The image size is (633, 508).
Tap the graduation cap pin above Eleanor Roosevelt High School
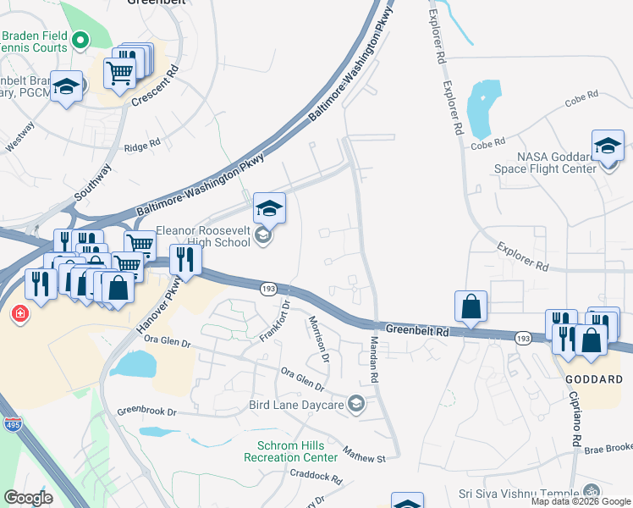point(269,208)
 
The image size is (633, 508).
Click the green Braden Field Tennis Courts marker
point(80,39)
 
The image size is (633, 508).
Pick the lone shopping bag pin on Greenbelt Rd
point(471,306)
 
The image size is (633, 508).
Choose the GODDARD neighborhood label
point(597,380)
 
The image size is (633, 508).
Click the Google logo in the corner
point(28,498)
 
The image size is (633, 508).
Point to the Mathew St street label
point(364,455)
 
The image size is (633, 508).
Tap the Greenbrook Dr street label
point(146,412)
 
